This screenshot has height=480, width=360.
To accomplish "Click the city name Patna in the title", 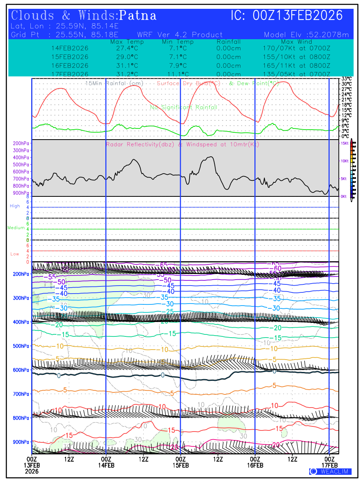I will pyautogui.click(x=138, y=16).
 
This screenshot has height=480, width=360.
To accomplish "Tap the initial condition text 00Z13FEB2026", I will pyautogui.click(x=298, y=16).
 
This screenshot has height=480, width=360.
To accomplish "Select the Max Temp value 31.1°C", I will pyautogui.click(x=124, y=66).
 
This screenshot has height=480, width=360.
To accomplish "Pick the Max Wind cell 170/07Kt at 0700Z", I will pyautogui.click(x=294, y=48).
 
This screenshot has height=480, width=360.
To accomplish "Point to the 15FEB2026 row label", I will pyautogui.click(x=70, y=57).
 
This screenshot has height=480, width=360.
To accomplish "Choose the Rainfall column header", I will pyautogui.click(x=228, y=42).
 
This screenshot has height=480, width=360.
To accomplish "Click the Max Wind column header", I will pyautogui.click(x=296, y=42).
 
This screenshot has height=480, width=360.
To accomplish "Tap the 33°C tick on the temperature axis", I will pyautogui.click(x=346, y=79).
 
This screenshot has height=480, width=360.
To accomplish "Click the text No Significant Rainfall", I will pyautogui.click(x=184, y=108).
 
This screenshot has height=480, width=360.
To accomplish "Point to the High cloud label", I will pyautogui.click(x=15, y=206).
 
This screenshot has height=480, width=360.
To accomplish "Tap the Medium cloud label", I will pyautogui.click(x=16, y=228).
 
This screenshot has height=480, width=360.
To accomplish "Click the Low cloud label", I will pyautogui.click(x=15, y=254).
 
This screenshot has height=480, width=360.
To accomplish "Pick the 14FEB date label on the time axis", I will pyautogui.click(x=106, y=466).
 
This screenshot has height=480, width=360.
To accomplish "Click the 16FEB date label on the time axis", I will pyautogui.click(x=255, y=466).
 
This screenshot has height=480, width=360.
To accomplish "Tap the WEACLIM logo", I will pyautogui.click(x=330, y=472).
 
